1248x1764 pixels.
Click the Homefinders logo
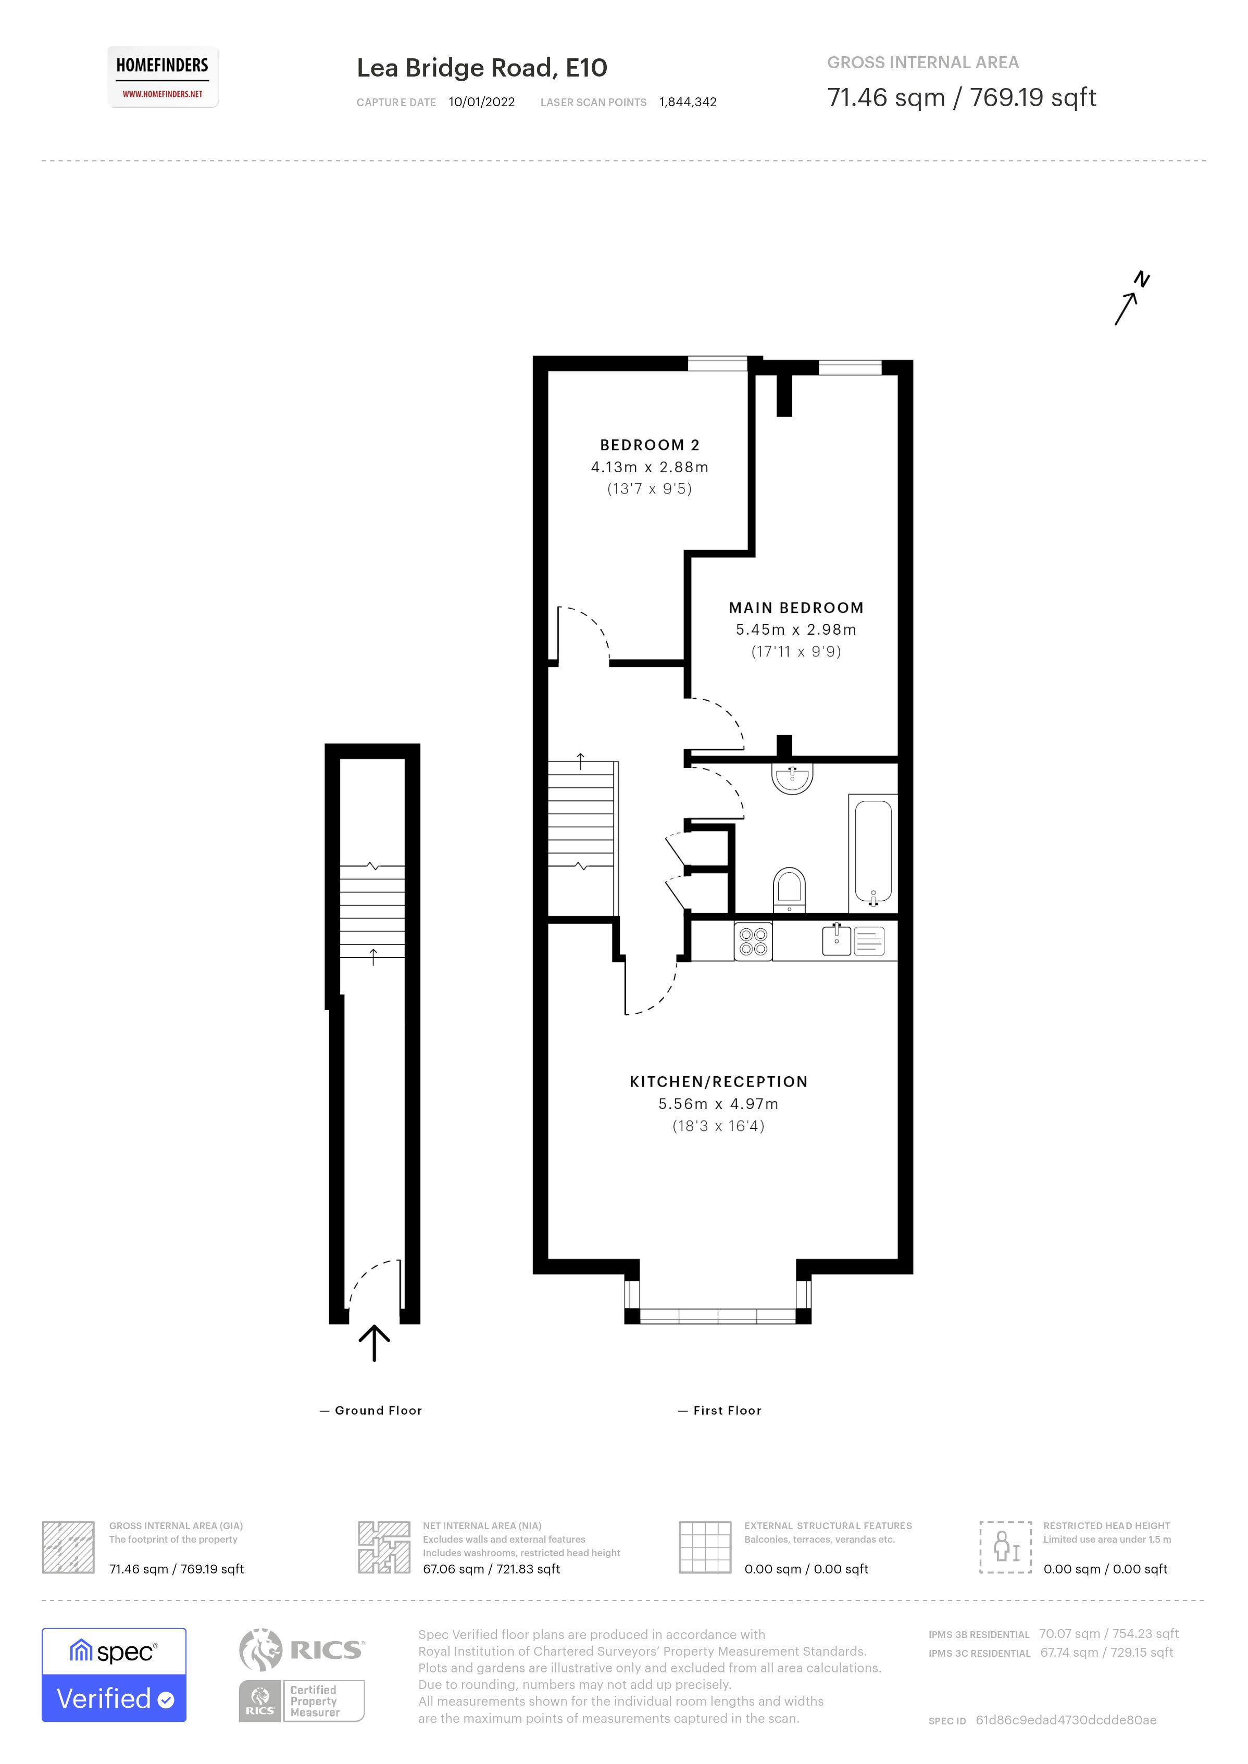point(162,77)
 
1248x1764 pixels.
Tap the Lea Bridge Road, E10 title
point(481,68)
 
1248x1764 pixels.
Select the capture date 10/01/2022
point(481,102)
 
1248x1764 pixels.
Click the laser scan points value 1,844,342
point(687,102)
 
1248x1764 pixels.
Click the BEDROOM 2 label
point(650,445)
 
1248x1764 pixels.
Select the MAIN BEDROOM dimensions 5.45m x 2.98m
point(795,629)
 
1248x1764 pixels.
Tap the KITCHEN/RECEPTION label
point(718,1082)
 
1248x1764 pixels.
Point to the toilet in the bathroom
point(789,888)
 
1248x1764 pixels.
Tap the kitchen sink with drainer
point(853,940)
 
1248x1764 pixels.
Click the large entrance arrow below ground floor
point(375,1344)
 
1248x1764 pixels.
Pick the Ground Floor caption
point(378,1410)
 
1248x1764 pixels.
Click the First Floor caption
point(726,1410)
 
